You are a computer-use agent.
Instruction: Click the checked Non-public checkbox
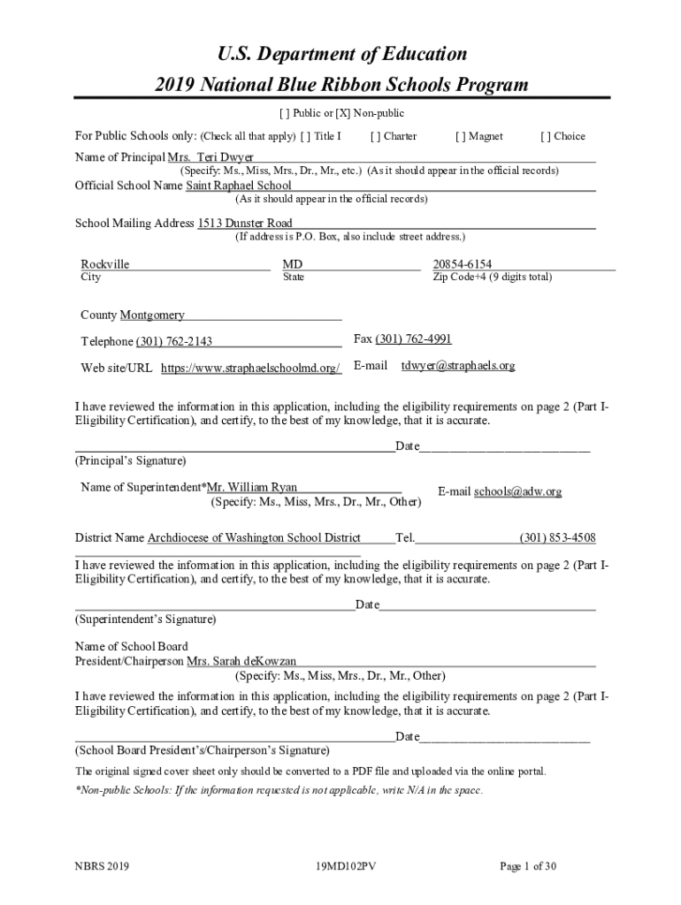point(337,113)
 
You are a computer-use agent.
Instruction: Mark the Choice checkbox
point(545,136)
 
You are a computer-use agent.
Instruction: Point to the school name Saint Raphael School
point(238,186)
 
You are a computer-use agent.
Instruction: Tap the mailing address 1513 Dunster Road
point(245,224)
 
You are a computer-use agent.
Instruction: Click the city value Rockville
point(105,264)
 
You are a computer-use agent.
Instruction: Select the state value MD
point(292,264)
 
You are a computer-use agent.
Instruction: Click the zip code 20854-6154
point(463,264)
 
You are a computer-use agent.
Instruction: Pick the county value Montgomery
point(152,315)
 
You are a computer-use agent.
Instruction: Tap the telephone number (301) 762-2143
point(173,341)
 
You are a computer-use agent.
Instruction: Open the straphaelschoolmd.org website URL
point(251,368)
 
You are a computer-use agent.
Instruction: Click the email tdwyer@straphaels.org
point(457,365)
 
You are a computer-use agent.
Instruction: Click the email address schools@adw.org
point(517,491)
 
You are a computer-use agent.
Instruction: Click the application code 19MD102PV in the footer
point(340,867)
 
